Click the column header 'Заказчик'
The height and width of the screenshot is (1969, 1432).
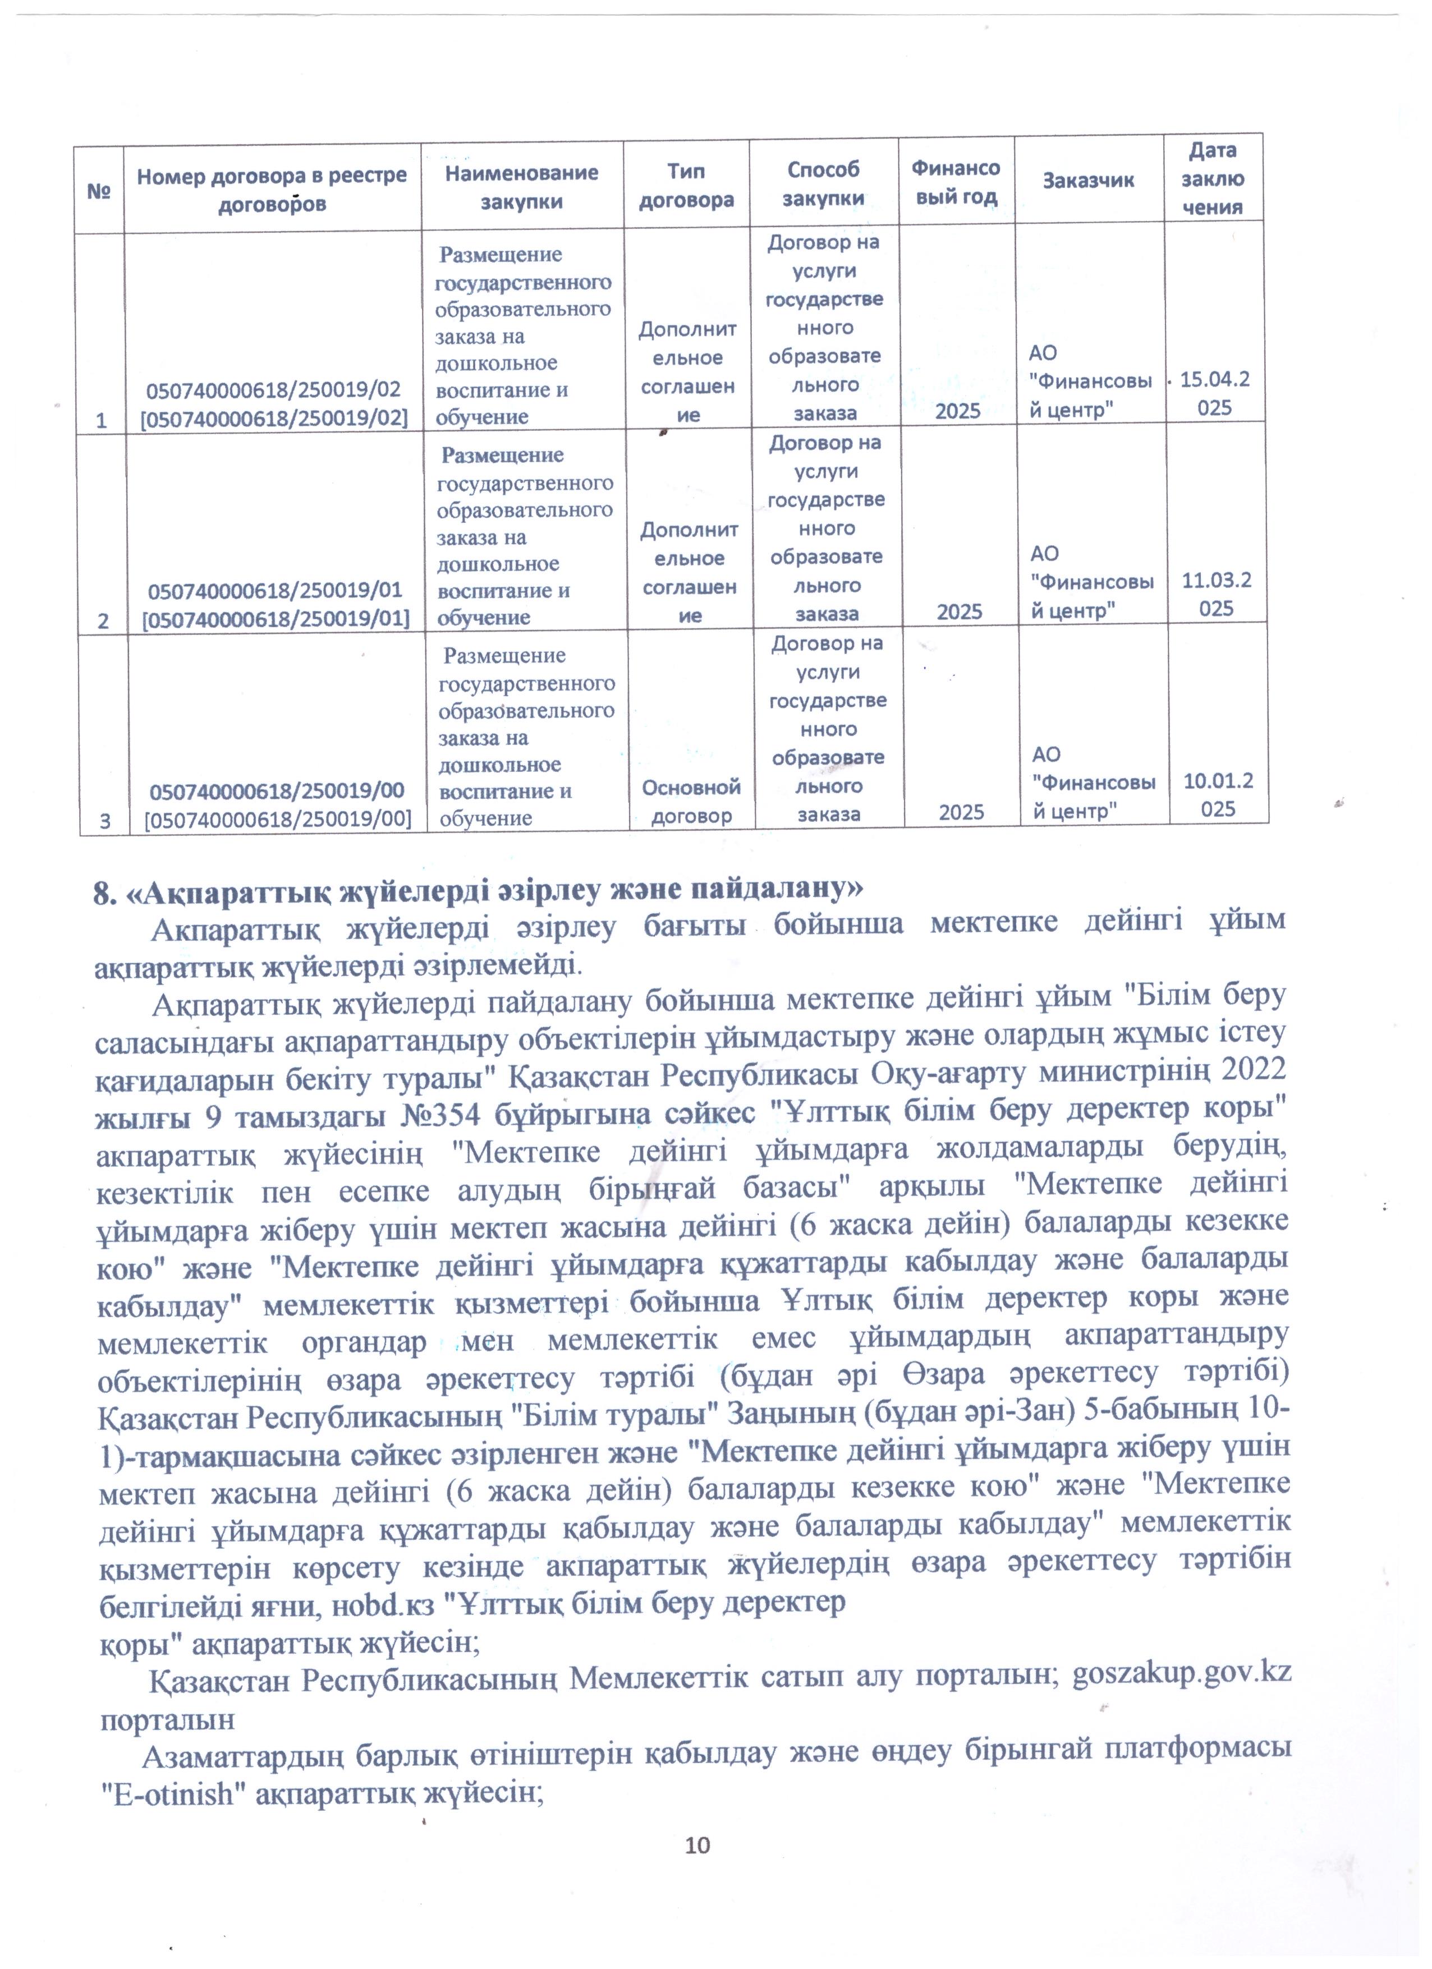point(1088,181)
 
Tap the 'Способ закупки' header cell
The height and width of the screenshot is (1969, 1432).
point(823,183)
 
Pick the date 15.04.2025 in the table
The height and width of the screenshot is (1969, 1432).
point(1214,393)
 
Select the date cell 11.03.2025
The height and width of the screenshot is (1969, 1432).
point(1216,594)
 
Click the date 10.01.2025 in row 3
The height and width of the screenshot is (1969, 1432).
point(1218,794)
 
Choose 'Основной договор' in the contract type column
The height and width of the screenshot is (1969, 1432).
point(691,801)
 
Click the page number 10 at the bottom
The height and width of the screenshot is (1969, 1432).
point(697,1846)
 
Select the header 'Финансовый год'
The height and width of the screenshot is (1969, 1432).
point(956,182)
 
